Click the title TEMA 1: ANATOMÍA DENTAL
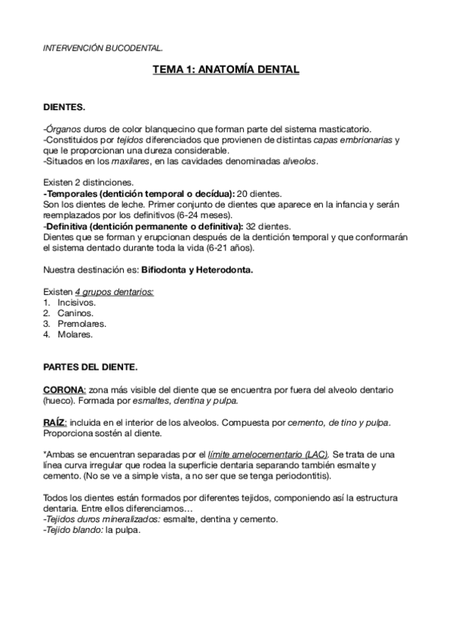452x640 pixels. pyautogui.click(x=226, y=70)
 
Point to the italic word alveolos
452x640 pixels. pyautogui.click(x=300, y=161)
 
